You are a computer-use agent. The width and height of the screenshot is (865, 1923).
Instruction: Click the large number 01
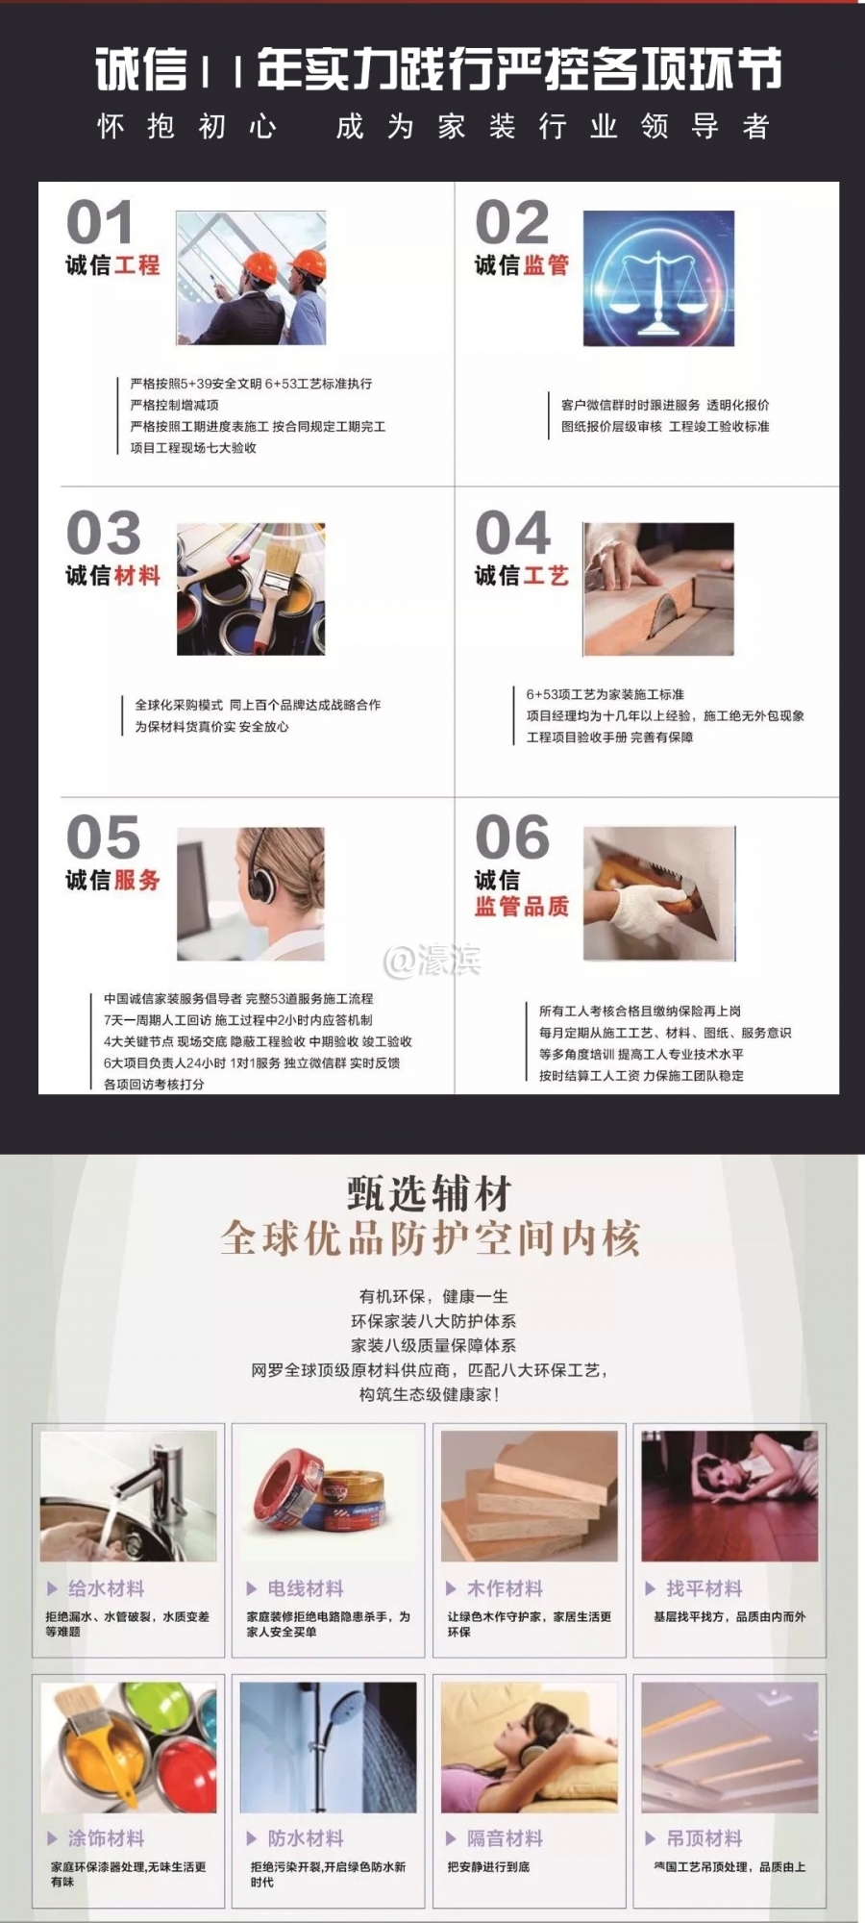99,223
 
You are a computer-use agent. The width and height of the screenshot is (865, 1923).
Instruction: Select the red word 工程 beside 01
137,265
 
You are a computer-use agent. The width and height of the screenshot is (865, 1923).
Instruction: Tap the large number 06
512,837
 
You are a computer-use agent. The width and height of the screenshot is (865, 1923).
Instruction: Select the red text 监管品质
522,906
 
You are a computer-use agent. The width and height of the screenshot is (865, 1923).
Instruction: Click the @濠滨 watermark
432,960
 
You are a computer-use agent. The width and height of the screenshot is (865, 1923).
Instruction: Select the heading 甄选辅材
430,1194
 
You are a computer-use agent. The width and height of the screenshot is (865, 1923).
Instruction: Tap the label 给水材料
106,1588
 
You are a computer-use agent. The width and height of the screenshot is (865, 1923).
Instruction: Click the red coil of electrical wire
286,1491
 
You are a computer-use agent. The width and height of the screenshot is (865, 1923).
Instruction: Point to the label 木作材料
505,1588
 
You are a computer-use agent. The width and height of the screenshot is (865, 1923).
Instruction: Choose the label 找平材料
704,1588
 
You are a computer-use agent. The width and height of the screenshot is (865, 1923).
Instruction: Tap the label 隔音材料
505,1838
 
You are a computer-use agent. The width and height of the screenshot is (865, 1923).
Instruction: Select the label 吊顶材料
704,1838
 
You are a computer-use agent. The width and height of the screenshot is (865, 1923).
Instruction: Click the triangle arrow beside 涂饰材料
53,1838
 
